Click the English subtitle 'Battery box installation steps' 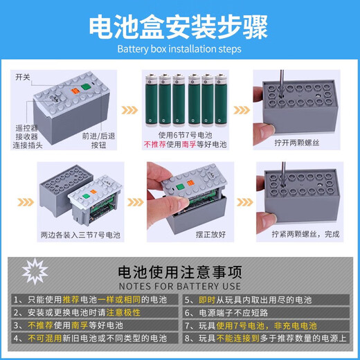(179, 49)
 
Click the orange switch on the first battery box (75, 91)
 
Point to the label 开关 (23, 77)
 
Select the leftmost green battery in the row (152, 100)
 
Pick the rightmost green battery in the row (221, 100)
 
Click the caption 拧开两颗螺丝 (297, 143)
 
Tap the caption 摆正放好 (210, 235)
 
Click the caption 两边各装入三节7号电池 (80, 235)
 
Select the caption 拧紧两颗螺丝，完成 (305, 234)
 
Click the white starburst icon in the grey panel (35, 271)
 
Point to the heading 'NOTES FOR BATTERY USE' (180, 287)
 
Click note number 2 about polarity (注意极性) (77, 313)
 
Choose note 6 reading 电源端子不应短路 (226, 313)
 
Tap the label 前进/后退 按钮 (98, 141)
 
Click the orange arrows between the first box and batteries (129, 110)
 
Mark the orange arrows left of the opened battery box (26, 202)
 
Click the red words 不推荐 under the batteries (155, 145)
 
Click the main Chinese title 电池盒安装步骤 (179, 26)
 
